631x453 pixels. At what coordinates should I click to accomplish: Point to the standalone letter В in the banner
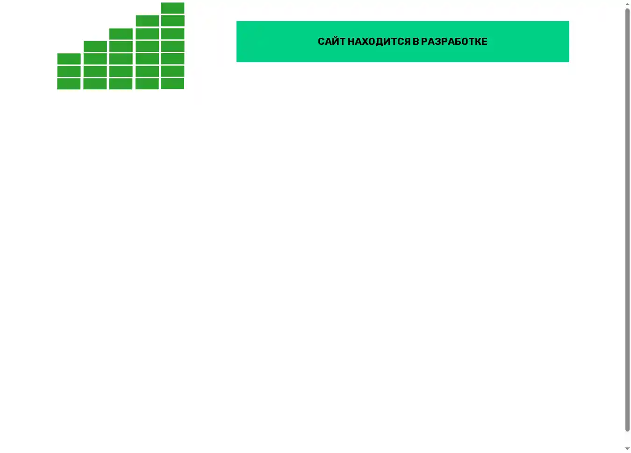pos(416,42)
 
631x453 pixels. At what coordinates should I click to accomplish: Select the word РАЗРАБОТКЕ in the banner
pos(454,42)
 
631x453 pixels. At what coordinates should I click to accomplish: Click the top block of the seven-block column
pos(172,8)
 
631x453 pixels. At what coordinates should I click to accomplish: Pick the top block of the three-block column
pos(69,59)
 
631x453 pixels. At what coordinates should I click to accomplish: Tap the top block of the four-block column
pos(95,46)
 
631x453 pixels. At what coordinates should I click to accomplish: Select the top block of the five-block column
pos(121,34)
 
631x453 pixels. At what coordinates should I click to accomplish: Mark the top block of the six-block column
pos(147,21)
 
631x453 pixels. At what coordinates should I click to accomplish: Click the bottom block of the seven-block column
pos(172,84)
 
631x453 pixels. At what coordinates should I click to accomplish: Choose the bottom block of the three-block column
pos(69,84)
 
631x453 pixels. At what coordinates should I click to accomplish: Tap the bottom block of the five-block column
pos(121,84)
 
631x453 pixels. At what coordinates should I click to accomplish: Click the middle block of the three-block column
pos(69,71)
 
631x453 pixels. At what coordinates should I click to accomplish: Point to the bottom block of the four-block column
pos(95,84)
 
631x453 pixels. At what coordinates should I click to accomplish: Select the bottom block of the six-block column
pos(147,84)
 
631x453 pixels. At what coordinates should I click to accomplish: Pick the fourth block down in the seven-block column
pos(172,46)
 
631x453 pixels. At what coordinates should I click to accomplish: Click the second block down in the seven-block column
pos(172,21)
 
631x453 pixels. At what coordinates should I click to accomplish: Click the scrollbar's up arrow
pos(627,4)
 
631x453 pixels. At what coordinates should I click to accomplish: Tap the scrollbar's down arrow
pos(627,449)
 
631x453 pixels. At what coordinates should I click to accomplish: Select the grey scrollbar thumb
pos(627,219)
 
